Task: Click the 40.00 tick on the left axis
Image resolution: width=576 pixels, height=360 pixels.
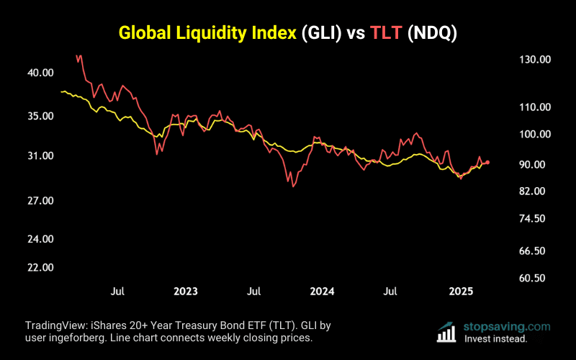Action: (41, 73)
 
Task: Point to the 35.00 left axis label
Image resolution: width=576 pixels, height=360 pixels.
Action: (41, 116)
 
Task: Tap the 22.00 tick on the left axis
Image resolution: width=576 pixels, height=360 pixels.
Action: (41, 267)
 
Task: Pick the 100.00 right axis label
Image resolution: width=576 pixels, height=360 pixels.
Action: (534, 134)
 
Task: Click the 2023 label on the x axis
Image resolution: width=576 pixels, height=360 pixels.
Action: (186, 292)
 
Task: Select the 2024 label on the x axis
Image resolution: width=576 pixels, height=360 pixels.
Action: (322, 292)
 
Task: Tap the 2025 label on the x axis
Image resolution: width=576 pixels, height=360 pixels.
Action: (461, 292)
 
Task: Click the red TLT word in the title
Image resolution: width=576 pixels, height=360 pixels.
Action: (386, 33)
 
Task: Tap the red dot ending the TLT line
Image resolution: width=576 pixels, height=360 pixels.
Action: (487, 163)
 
